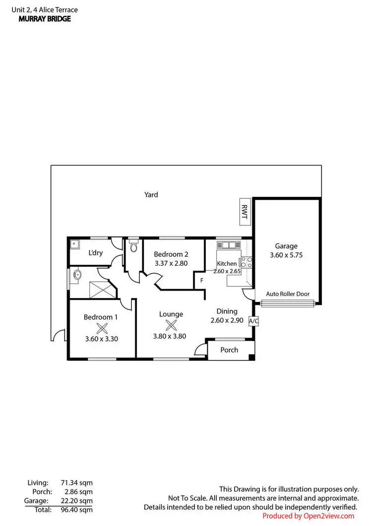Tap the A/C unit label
[253, 321]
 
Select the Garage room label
[286, 245]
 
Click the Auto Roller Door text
[288, 294]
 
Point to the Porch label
[229, 350]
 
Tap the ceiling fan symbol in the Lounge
[171, 325]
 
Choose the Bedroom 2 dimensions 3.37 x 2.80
[171, 264]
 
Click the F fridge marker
[201, 281]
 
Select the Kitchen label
[227, 263]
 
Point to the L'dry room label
[95, 253]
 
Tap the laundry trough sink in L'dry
[74, 243]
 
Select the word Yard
[151, 195]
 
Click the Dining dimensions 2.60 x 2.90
[227, 321]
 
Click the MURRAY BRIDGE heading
[45, 19]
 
